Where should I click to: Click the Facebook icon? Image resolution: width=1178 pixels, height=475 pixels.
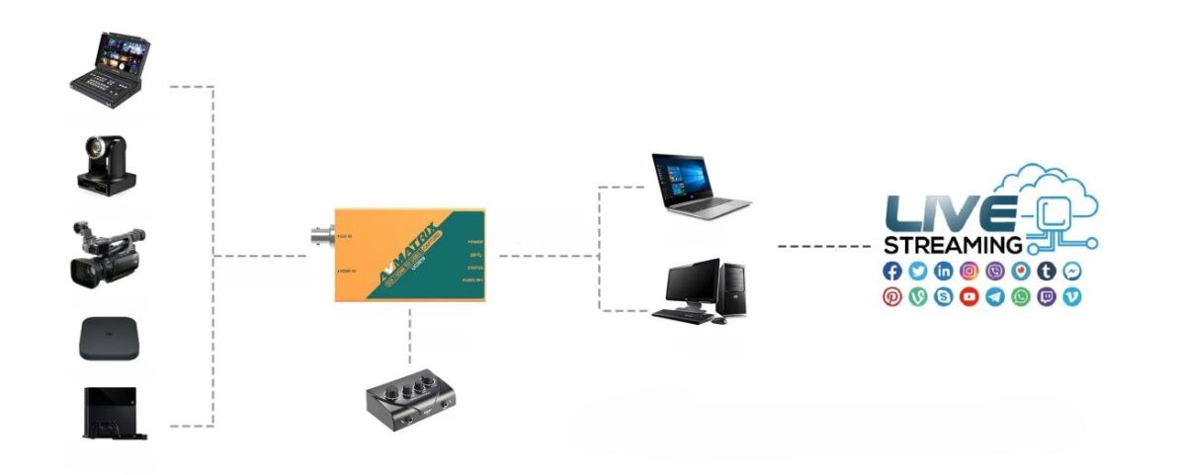coord(892,271)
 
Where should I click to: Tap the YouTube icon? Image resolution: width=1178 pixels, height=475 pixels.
coord(969,296)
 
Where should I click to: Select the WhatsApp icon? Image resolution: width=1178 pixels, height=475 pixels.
coord(1021,296)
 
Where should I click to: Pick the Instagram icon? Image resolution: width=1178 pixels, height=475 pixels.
coord(969,271)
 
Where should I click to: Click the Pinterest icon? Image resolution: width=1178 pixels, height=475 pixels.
coord(892,296)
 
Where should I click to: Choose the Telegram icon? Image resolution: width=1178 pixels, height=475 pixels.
coord(995,296)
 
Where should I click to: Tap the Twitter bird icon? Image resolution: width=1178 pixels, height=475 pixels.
coord(918,271)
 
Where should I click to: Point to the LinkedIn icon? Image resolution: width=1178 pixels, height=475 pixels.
coord(944,271)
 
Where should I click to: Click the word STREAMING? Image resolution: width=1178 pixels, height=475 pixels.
coord(953,245)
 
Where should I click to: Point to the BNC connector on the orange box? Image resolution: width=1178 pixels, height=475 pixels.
coord(320,238)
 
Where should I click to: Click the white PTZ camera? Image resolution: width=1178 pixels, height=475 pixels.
coord(107,164)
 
